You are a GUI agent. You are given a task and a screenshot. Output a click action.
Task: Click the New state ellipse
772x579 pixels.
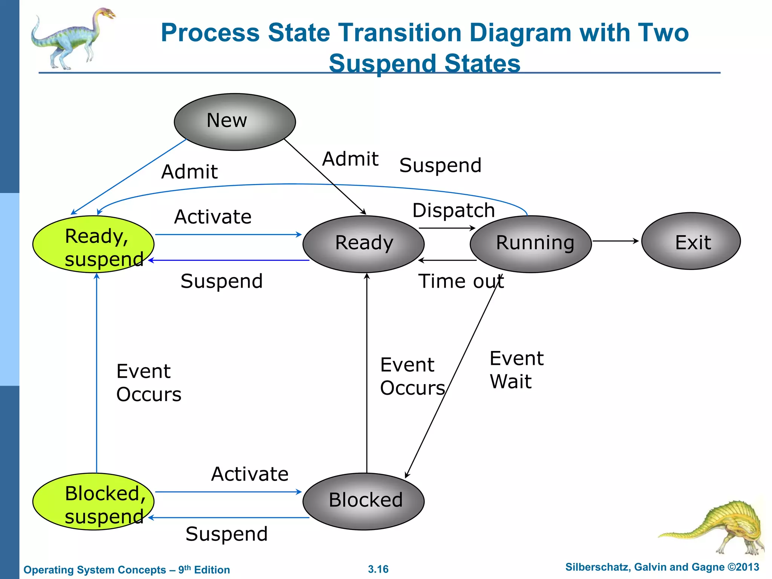[234, 122]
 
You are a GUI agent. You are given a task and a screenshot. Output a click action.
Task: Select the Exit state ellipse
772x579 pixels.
[691, 241]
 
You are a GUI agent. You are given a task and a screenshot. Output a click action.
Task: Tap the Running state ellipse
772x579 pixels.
[530, 244]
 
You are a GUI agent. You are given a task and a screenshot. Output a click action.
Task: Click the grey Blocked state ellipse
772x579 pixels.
[363, 501]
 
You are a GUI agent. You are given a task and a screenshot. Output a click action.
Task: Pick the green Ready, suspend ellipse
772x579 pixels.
[93, 244]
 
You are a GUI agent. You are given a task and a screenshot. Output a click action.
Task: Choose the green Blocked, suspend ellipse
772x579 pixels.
[93, 502]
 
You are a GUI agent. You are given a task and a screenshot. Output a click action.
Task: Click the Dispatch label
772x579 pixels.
[453, 210]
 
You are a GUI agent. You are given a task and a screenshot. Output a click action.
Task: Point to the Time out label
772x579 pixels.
[461, 281]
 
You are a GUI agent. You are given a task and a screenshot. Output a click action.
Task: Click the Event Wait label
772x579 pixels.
[516, 370]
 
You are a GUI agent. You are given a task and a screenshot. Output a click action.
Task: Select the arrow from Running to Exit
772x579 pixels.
[615, 241]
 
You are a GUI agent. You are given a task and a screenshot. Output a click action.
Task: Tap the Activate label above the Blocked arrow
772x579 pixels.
[250, 474]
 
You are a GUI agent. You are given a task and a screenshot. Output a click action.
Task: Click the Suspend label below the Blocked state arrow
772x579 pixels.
[227, 534]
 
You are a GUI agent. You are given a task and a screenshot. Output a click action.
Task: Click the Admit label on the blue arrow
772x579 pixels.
[189, 172]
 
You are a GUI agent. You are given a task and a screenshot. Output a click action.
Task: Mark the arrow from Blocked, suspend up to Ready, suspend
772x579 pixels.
[97, 373]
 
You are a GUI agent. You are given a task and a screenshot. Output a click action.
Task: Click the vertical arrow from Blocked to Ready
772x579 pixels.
[367, 373]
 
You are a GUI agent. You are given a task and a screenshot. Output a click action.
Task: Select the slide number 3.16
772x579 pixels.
[378, 569]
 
